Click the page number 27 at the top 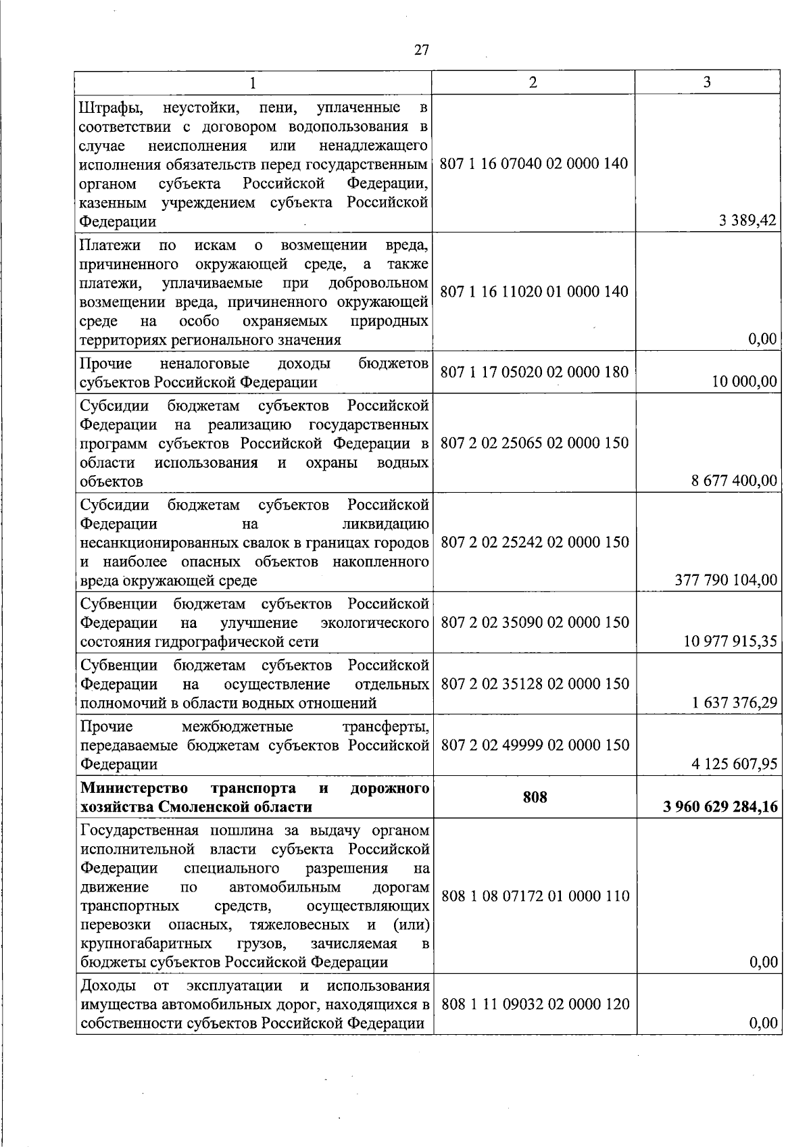[x=421, y=50]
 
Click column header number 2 [x=533, y=82]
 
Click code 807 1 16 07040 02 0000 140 [x=534, y=164]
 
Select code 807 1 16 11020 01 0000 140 [x=534, y=291]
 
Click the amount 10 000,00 [x=744, y=381]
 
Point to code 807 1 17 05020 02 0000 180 [x=534, y=372]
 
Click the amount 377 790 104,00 [x=727, y=579]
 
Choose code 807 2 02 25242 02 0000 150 [x=535, y=542]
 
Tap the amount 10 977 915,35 [x=731, y=641]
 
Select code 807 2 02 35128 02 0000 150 [x=535, y=683]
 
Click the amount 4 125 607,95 [x=734, y=764]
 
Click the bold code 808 [x=535, y=798]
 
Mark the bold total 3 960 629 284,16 [x=720, y=806]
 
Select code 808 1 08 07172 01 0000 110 [x=535, y=896]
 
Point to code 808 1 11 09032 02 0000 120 [x=535, y=1004]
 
